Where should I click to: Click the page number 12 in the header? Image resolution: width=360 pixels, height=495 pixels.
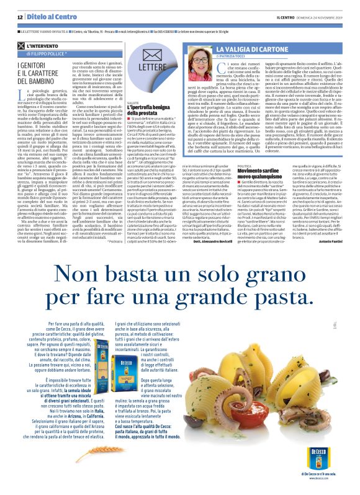click(x=20, y=17)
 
